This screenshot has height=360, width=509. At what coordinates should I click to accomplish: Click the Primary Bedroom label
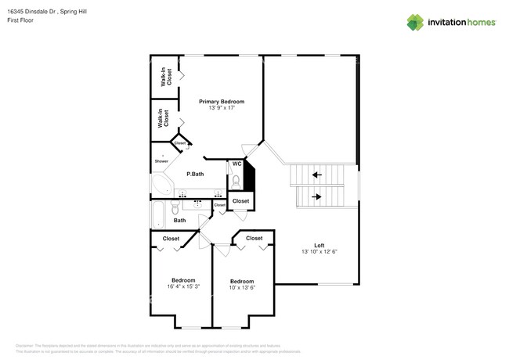point(221,102)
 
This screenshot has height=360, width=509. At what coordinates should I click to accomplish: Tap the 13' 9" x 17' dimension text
point(221,108)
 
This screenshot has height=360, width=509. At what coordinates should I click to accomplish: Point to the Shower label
point(161,160)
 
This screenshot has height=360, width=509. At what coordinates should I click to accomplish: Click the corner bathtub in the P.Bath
point(161,185)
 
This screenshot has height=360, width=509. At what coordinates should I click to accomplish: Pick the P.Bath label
point(195,174)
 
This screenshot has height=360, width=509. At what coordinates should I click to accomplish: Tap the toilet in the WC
point(235,181)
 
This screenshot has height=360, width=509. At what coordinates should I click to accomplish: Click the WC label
point(236,164)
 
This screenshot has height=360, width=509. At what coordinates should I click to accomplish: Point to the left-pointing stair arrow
point(317,175)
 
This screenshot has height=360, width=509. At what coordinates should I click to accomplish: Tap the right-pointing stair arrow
point(317,196)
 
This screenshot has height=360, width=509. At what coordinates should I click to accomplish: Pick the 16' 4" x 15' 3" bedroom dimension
point(183,286)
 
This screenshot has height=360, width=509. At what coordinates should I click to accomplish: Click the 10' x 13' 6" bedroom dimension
point(241,287)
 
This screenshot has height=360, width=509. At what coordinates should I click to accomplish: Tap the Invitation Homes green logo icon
point(416,22)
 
